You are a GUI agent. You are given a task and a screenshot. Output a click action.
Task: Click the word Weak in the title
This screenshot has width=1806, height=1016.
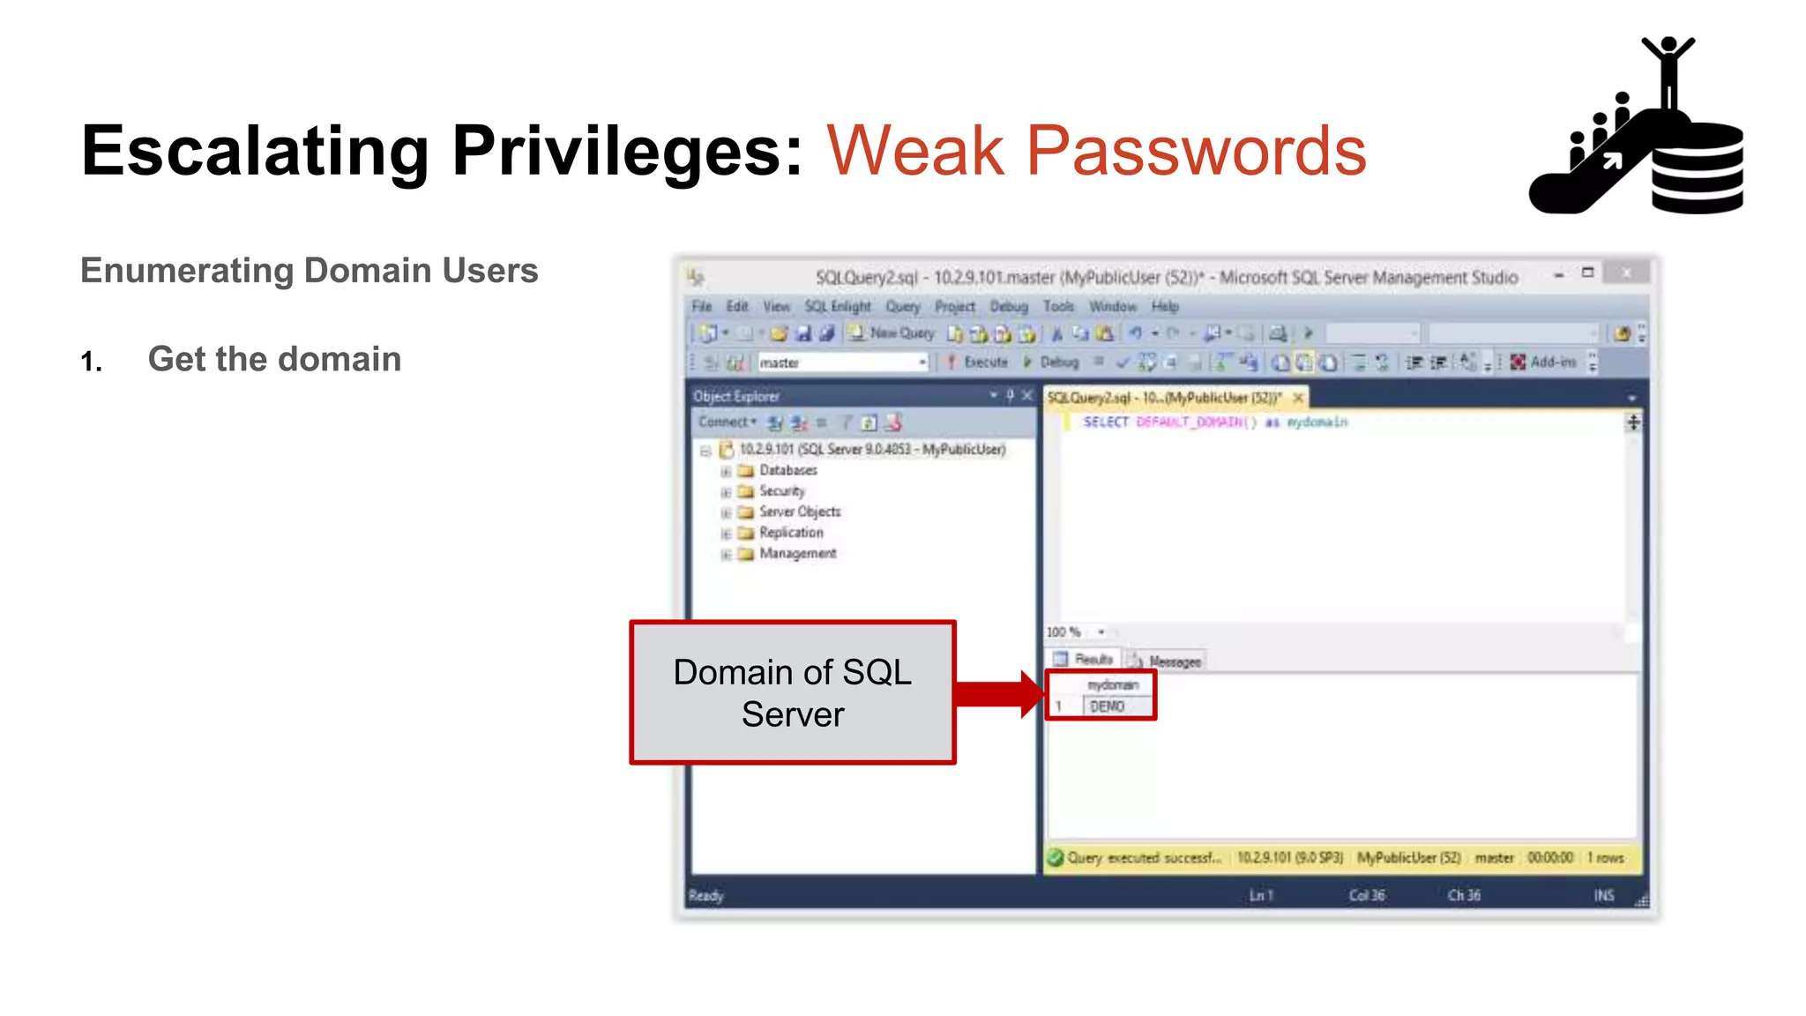pyautogui.click(x=915, y=152)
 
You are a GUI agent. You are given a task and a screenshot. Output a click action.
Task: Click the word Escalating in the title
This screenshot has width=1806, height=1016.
pyautogui.click(x=255, y=152)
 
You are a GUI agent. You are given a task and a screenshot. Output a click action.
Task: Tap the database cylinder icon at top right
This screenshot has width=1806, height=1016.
pyautogui.click(x=1697, y=168)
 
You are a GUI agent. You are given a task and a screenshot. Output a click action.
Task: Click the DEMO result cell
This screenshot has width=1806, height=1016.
pyautogui.click(x=1116, y=706)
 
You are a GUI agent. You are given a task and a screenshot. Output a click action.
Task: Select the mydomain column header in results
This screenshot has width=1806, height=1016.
pyautogui.click(x=1113, y=685)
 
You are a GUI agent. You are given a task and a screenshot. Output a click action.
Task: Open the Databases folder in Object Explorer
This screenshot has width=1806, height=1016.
pyautogui.click(x=787, y=471)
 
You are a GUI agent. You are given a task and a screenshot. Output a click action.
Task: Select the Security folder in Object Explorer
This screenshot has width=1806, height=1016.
pyautogui.click(x=781, y=491)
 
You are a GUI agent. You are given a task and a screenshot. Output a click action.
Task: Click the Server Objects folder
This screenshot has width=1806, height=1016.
pyautogui.click(x=799, y=512)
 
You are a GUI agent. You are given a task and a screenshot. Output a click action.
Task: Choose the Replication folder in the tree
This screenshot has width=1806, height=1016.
pyautogui.click(x=790, y=533)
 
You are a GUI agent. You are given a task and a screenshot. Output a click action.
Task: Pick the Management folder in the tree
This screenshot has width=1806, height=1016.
pyautogui.click(x=797, y=554)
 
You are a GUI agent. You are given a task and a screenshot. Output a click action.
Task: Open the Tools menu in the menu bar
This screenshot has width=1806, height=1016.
pyautogui.click(x=1058, y=306)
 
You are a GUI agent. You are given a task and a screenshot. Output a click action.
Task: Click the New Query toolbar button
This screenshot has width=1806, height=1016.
pyautogui.click(x=892, y=333)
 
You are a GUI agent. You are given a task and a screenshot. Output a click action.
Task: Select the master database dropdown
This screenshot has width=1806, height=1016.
pyautogui.click(x=842, y=362)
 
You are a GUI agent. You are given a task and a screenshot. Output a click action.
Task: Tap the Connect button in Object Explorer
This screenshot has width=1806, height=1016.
pyautogui.click(x=727, y=422)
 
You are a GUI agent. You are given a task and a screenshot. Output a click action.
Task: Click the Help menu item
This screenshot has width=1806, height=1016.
pyautogui.click(x=1165, y=306)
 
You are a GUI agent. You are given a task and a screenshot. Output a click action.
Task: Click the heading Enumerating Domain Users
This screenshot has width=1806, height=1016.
pyautogui.click(x=309, y=271)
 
